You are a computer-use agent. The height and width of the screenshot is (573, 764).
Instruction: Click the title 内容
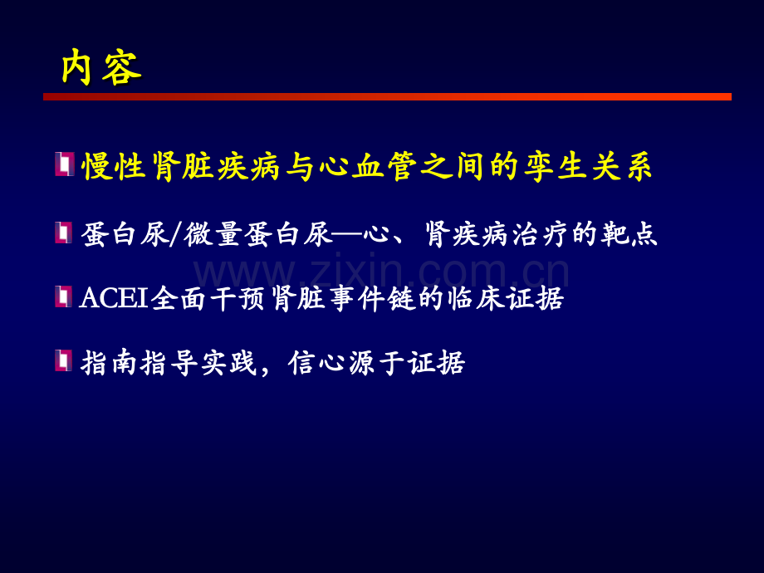(x=101, y=69)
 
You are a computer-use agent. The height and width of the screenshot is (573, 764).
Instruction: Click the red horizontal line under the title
(x=387, y=97)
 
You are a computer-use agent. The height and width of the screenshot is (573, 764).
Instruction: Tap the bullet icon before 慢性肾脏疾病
(x=64, y=164)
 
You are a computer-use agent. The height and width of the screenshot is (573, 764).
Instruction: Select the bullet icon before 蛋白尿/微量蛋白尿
(x=64, y=233)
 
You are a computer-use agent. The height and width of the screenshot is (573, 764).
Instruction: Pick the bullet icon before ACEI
(x=64, y=296)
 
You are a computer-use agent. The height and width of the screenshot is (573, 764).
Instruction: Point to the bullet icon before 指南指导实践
(x=64, y=360)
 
